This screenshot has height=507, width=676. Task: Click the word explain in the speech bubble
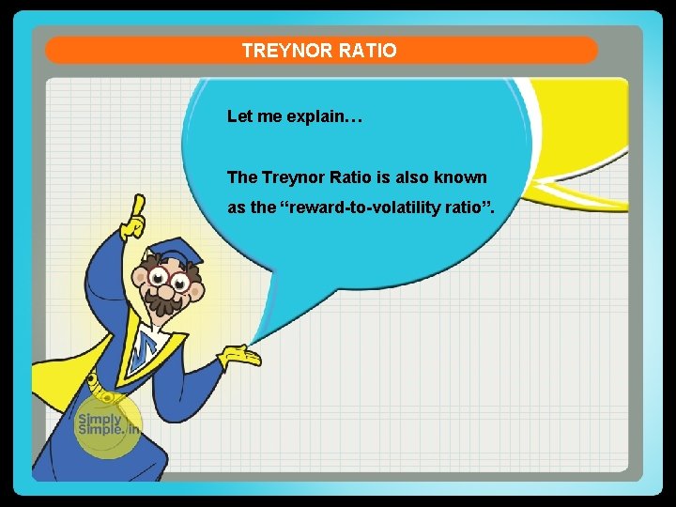click(315, 118)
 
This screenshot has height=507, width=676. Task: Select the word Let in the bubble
click(238, 118)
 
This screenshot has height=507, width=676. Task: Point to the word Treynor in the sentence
click(293, 177)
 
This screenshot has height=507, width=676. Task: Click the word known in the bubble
click(463, 177)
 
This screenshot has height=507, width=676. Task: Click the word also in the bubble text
click(411, 177)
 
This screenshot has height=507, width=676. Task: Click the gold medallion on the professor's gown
click(94, 383)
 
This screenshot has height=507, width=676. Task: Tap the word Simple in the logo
click(98, 433)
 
